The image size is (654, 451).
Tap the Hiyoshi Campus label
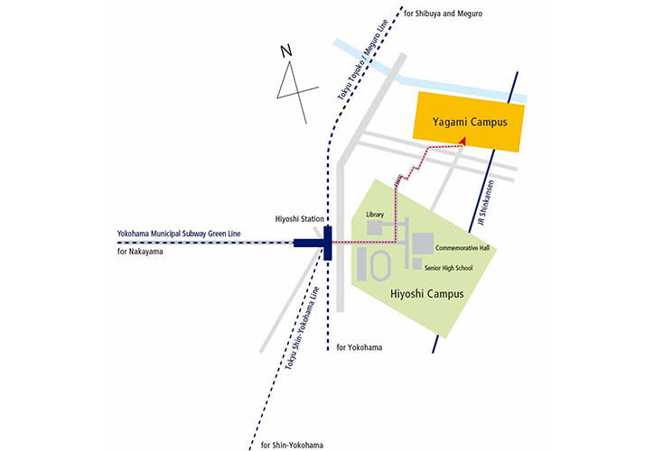[427, 294]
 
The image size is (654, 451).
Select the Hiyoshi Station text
[299, 219]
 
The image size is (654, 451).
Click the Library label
[376, 215]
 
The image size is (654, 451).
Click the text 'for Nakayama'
[141, 251]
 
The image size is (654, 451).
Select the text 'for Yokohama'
[360, 348]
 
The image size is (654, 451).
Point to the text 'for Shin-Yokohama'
[292, 445]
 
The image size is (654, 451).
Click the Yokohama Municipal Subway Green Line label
[175, 234]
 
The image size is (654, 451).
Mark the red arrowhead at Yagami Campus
[462, 141]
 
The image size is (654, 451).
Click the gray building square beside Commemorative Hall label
[422, 243]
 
